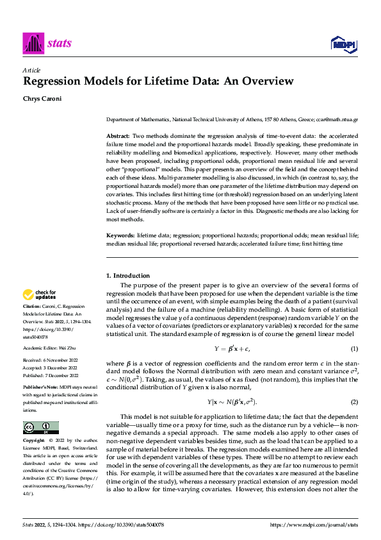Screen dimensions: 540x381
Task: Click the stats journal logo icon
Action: (33, 43)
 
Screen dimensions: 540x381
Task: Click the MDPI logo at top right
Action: (343, 44)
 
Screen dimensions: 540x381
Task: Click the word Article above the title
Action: (31, 69)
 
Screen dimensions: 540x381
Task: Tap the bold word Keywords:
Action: (119, 236)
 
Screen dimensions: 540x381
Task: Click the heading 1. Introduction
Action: (127, 276)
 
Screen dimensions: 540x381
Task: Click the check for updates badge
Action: (40, 295)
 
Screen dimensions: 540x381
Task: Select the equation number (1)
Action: (353, 348)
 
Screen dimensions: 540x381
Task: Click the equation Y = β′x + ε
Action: (232, 348)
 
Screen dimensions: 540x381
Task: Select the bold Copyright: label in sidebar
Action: (34, 441)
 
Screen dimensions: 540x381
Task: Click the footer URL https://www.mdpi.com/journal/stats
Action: (313, 525)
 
